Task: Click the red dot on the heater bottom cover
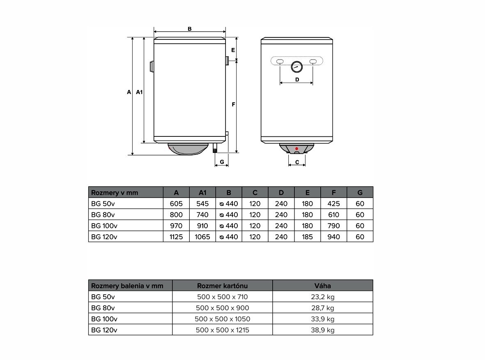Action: [297, 149]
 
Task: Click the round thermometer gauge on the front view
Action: [297, 67]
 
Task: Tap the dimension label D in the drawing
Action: [297, 80]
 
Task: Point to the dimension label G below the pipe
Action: [222, 162]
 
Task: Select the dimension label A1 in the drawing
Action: [140, 92]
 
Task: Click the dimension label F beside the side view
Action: [234, 105]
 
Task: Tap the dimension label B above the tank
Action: [190, 29]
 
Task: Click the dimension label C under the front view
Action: [297, 162]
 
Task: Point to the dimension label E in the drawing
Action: [233, 50]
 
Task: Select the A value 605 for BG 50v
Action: [176, 204]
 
